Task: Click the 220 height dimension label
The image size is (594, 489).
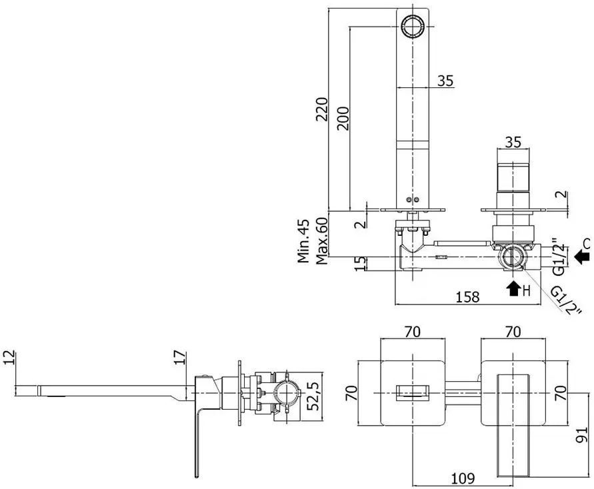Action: pyautogui.click(x=322, y=109)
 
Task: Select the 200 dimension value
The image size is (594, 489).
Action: pyautogui.click(x=343, y=119)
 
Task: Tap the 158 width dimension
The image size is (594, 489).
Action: pyautogui.click(x=467, y=296)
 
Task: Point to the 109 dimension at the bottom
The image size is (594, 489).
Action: pyautogui.click(x=463, y=478)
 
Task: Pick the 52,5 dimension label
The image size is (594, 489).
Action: pyautogui.click(x=313, y=396)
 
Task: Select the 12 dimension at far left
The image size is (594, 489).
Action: pyautogui.click(x=9, y=357)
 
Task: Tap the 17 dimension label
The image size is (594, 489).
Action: pyautogui.click(x=180, y=357)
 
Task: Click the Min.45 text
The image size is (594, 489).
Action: pyautogui.click(x=303, y=241)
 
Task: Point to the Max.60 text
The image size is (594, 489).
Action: pyautogui.click(x=321, y=241)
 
